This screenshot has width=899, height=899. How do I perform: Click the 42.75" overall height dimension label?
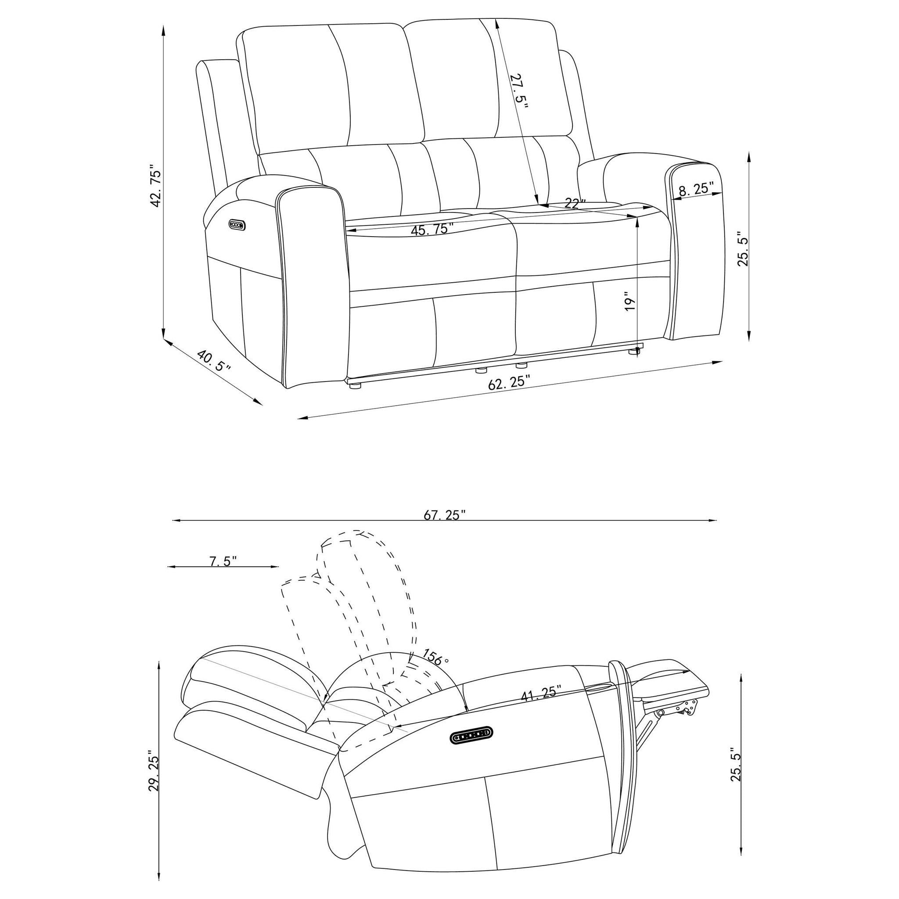click(155, 185)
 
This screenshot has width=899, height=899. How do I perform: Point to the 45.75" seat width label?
click(432, 229)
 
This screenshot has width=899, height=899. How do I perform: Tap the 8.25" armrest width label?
click(696, 189)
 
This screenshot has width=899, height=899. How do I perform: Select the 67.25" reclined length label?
click(444, 515)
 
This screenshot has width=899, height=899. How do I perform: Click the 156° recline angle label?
click(435, 657)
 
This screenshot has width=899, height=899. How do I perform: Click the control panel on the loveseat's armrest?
click(237, 225)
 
